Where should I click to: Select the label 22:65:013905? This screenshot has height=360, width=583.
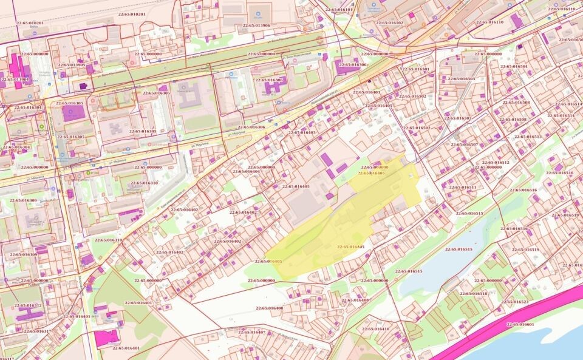[72, 65]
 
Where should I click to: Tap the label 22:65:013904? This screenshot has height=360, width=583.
[16, 80]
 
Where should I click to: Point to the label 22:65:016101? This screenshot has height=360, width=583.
[339, 10]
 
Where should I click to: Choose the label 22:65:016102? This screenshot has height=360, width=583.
[389, 22]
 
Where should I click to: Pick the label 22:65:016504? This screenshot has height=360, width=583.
[514, 66]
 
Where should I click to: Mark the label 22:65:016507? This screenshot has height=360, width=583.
[464, 144]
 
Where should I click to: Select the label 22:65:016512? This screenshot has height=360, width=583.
[496, 163]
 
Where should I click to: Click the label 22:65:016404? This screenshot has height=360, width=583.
[246, 171]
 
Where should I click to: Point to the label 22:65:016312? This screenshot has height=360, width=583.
[28, 305]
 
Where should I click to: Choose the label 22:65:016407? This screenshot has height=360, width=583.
[252, 332]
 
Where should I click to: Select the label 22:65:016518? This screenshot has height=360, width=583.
[474, 293]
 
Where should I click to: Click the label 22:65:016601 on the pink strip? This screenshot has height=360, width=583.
[520, 324]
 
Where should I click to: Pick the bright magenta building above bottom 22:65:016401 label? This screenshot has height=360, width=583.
[106, 339]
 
